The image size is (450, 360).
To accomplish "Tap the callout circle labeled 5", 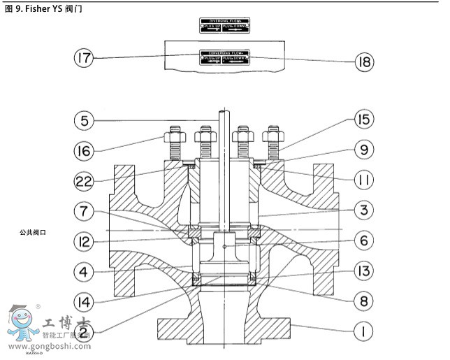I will click(x=85, y=120).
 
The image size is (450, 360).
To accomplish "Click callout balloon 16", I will click(x=85, y=150).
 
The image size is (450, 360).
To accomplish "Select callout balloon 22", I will click(x=85, y=181).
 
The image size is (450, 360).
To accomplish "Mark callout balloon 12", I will click(x=85, y=241).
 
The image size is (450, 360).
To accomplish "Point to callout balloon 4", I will click(x=85, y=271).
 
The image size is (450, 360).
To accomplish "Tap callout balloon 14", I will click(x=85, y=301).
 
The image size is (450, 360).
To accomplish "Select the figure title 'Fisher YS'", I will click(x=43, y=9).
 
